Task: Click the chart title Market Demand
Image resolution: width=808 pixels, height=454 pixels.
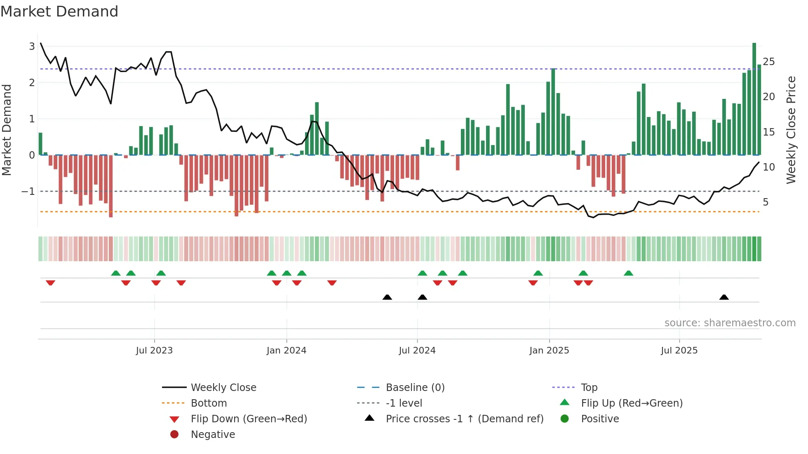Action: click(59, 12)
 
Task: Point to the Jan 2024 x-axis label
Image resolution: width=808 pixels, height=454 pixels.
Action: click(286, 351)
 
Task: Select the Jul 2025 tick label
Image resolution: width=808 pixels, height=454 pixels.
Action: click(679, 351)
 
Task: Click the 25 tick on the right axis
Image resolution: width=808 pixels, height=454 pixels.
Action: click(768, 62)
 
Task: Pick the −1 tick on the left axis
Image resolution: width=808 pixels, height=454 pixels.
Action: click(28, 192)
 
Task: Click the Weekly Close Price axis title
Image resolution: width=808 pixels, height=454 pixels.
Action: click(791, 130)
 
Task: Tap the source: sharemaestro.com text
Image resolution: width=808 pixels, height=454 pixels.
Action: click(730, 323)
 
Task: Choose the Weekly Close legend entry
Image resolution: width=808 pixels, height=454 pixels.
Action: click(223, 388)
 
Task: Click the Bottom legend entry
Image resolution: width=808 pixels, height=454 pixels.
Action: click(209, 403)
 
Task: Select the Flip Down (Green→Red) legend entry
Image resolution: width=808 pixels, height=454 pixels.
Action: click(249, 419)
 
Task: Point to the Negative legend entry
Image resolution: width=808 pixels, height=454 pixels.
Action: click(213, 435)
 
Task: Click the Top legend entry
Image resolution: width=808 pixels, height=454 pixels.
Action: click(589, 388)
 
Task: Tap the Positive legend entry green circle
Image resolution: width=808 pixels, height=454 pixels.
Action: click(565, 419)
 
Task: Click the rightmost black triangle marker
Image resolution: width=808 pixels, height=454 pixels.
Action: click(724, 297)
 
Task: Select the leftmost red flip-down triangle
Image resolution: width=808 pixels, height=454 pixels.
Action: click(50, 283)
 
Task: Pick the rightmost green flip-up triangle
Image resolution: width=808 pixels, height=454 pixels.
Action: click(628, 273)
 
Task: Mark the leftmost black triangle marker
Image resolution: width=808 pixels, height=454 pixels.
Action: click(387, 297)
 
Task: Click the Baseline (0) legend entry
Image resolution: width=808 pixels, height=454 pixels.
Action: click(415, 388)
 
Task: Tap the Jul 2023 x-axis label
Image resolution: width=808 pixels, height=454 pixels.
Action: click(154, 351)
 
